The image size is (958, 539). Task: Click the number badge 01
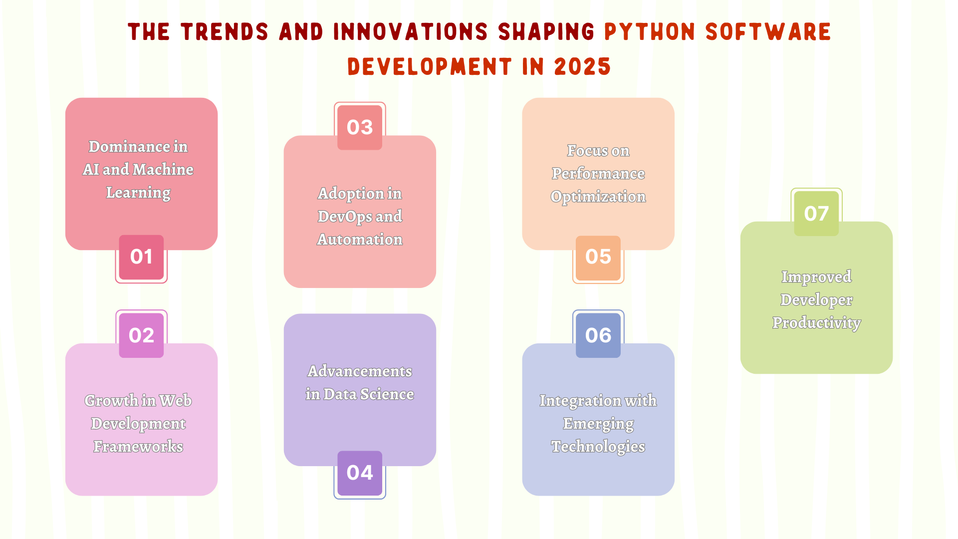[x=141, y=257]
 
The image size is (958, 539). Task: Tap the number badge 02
[x=141, y=335]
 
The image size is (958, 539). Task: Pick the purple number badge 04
[x=360, y=473]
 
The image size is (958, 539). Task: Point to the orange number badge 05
[x=598, y=257]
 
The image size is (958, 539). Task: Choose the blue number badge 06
[x=598, y=335]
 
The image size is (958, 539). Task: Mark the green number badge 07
[x=816, y=214]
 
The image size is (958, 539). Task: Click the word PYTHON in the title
[x=650, y=32]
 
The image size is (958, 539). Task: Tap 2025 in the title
[x=582, y=67]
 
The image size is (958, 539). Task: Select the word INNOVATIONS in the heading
[x=410, y=32]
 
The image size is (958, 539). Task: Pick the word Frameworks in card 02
[x=138, y=447]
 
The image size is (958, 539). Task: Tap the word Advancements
[x=360, y=371]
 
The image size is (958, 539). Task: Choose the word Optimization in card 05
[x=598, y=197]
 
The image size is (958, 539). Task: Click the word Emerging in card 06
[x=598, y=424]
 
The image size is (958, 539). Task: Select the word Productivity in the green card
[x=816, y=323]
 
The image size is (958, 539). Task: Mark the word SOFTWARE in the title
[x=768, y=32]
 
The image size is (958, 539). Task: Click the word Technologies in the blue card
[x=598, y=447]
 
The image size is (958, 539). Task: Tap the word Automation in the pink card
[x=360, y=240]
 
